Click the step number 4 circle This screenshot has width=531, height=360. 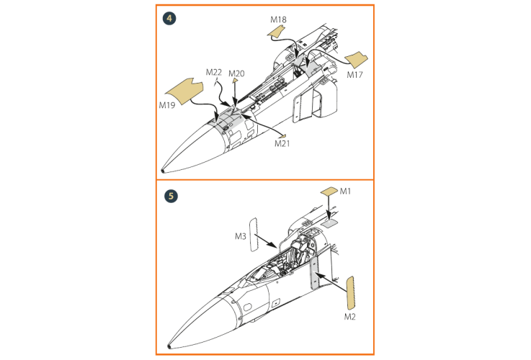tap(169, 18)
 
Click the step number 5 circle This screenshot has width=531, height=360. tap(171, 197)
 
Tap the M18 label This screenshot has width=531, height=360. tap(278, 20)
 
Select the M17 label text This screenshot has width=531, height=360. tap(355, 75)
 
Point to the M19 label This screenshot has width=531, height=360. tap(167, 105)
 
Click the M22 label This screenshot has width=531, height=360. tap(214, 72)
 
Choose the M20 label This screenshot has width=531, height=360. tap(236, 73)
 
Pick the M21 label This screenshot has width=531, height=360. tap(282, 143)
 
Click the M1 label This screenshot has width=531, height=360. tap(345, 192)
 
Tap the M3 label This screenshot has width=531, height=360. tap(241, 236)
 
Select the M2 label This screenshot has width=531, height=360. tap(350, 317)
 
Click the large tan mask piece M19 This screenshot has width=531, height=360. tap(184, 91)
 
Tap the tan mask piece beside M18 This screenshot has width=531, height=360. tap(276, 32)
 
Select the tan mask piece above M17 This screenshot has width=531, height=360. tap(356, 60)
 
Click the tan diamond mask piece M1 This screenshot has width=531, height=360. tap(329, 192)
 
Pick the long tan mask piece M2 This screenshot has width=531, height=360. tap(350, 293)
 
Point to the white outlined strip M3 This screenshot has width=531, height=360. tap(254, 235)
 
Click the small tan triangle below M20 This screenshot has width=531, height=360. tap(235, 81)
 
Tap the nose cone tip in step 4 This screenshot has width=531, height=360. tap(164, 171)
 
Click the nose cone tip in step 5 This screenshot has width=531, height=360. tap(169, 346)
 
